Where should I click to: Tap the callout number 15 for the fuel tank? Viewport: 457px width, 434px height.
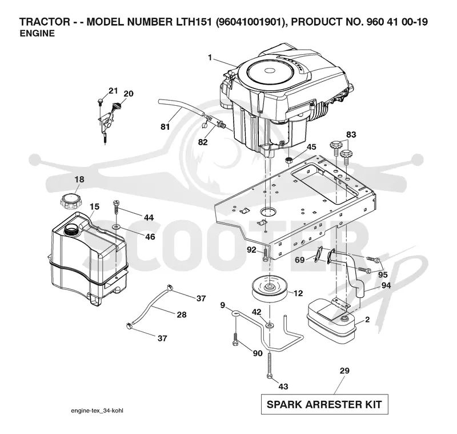coord(94,206)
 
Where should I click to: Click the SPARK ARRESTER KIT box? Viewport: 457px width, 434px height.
coord(324,404)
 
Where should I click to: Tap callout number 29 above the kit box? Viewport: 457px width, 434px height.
coord(344,371)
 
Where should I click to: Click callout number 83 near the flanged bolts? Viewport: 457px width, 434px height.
coord(351,134)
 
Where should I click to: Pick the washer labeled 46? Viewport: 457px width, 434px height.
coord(117,226)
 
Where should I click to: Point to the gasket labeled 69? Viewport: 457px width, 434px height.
coord(319,253)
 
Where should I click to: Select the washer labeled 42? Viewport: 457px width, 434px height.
coord(270,325)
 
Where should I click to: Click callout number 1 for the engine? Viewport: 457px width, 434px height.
coord(210,58)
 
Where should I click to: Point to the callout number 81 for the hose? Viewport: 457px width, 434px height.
coord(165,126)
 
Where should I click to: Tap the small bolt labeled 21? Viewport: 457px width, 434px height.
coord(101,101)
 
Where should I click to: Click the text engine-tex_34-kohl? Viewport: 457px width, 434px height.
coord(97,411)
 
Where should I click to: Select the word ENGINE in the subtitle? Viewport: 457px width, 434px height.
coord(37,34)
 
